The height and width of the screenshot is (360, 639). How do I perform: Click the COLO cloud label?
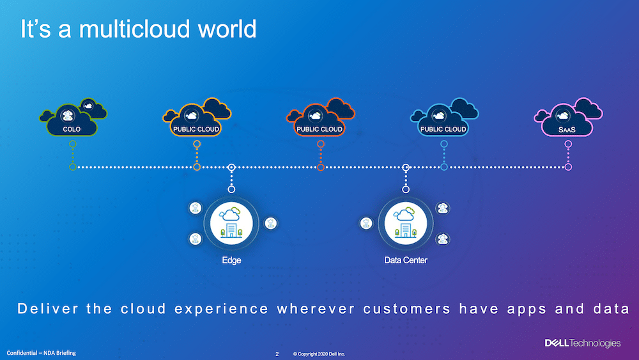click(x=72, y=129)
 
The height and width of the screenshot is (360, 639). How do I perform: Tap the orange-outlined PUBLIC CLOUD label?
click(x=196, y=129)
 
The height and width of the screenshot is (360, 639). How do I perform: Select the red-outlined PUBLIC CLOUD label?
click(x=319, y=129)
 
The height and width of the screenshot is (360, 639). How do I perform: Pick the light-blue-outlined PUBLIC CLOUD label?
click(x=443, y=129)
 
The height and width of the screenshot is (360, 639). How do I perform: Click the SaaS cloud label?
click(x=567, y=130)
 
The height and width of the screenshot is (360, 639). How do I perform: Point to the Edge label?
click(x=231, y=260)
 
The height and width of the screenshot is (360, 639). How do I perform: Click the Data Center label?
click(x=406, y=260)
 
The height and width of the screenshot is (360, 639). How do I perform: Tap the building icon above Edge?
click(x=231, y=223)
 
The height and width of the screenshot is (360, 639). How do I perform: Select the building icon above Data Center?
click(x=406, y=223)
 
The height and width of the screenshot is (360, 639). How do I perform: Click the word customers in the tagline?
click(x=406, y=309)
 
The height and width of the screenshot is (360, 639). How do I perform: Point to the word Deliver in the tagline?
click(x=48, y=309)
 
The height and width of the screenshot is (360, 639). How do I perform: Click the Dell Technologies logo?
click(x=583, y=343)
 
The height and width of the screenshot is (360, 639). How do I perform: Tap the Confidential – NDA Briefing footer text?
click(x=41, y=353)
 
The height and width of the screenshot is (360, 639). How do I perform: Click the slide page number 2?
click(x=277, y=354)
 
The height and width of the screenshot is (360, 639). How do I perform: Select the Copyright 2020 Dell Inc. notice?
click(x=319, y=354)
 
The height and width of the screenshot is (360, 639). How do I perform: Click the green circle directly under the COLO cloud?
click(x=73, y=144)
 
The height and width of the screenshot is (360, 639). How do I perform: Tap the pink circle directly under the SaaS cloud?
click(x=568, y=144)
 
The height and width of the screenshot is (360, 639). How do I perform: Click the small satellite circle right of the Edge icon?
click(x=270, y=223)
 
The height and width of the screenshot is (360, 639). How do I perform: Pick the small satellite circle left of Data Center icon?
click(x=366, y=223)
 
